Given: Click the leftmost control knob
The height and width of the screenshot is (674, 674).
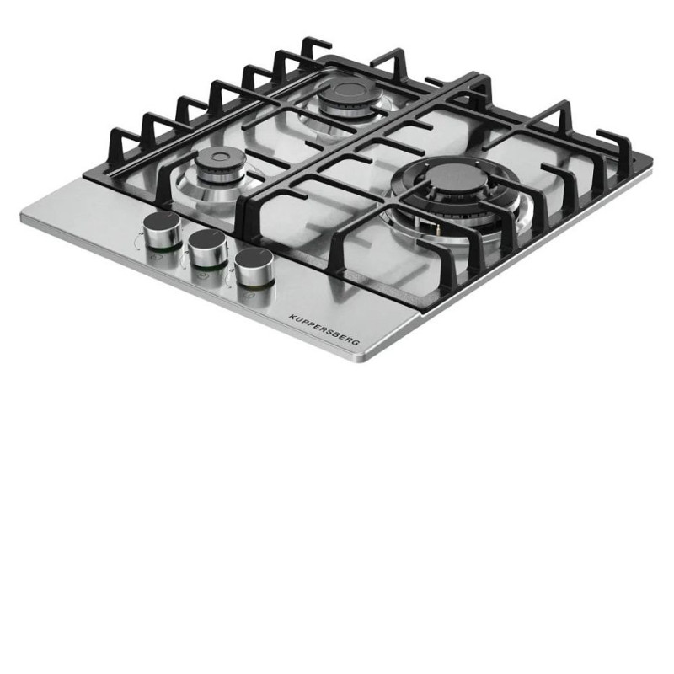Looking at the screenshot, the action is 162,231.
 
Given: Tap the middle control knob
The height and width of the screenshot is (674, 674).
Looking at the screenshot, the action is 208,248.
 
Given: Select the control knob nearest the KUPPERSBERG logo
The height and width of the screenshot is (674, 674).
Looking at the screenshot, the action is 254,267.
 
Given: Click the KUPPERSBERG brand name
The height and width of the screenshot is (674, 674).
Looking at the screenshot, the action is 324,329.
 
